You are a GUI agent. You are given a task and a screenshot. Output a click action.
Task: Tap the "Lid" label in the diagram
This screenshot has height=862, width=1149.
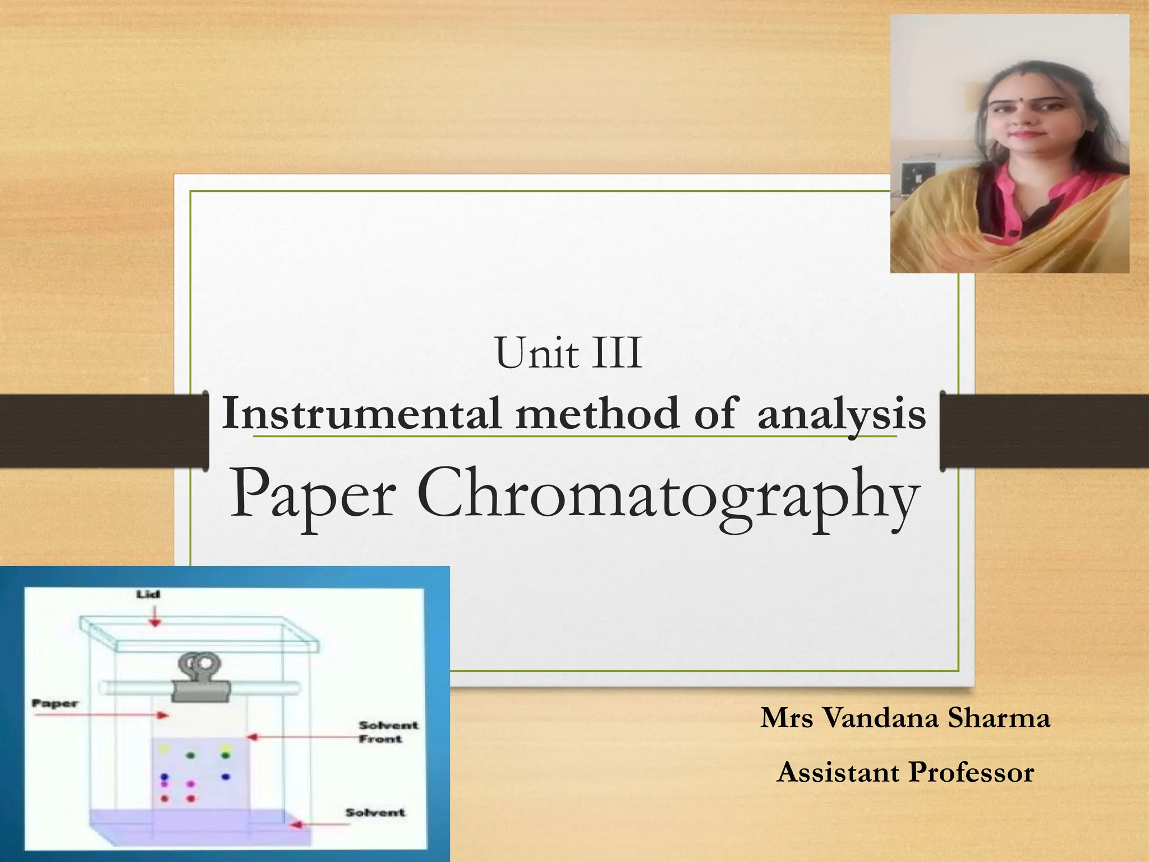coord(148,594)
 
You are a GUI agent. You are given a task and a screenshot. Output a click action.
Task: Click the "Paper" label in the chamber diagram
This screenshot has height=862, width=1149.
coord(55,703)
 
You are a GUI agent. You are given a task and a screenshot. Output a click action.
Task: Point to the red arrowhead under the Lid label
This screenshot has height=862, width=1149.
coord(155,622)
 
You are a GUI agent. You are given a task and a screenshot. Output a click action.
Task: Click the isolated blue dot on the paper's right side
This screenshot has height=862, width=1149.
coord(226,777)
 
